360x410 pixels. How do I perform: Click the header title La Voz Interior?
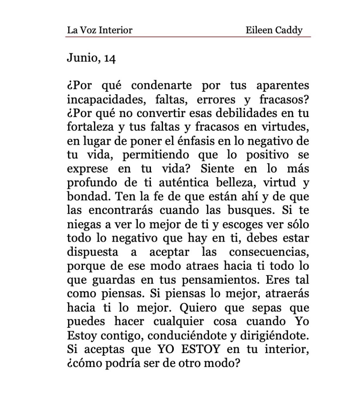pos(99,30)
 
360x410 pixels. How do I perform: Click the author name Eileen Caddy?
pos(274,30)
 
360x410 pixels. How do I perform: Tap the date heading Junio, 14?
pos(91,59)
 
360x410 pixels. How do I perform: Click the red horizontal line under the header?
pos(188,36)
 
